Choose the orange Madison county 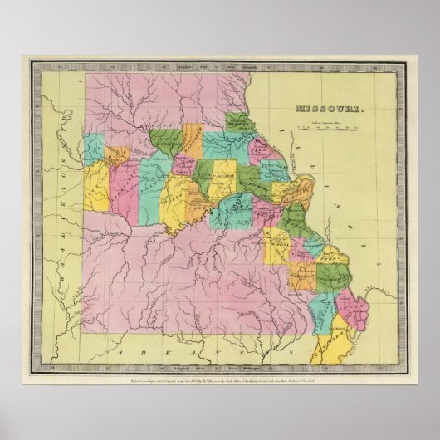click(301, 274)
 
